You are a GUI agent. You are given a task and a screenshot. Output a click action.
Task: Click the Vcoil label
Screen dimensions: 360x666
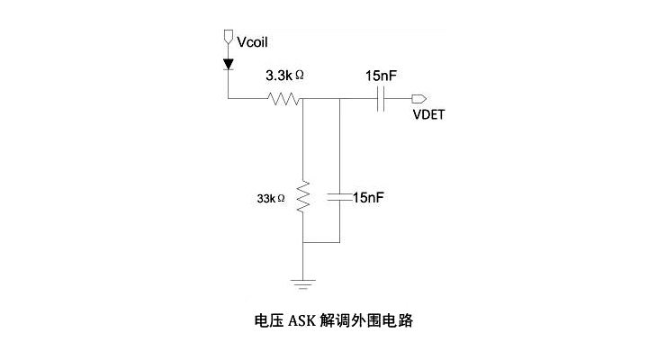click(252, 41)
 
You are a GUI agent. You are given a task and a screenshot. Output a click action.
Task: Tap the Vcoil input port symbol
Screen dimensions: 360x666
click(228, 39)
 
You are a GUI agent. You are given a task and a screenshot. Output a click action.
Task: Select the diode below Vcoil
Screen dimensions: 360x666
click(228, 64)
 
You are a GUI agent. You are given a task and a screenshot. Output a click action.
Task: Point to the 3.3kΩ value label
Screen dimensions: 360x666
click(284, 78)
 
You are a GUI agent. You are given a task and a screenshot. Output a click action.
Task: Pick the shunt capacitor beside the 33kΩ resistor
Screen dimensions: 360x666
click(339, 197)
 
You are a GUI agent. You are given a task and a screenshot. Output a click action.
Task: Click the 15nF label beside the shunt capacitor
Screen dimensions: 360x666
click(368, 197)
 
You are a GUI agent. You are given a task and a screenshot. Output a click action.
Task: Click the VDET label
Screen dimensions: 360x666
click(429, 115)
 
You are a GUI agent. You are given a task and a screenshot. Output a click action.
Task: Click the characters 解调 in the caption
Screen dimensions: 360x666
click(332, 319)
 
